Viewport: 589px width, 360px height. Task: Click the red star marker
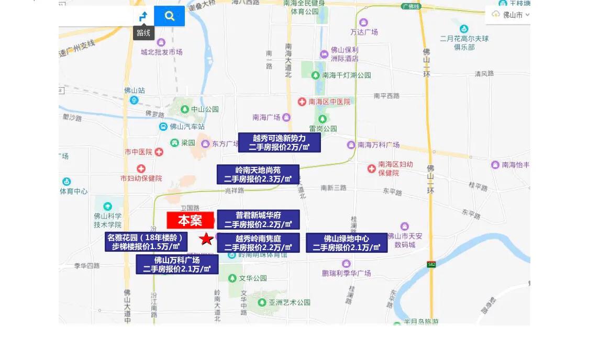pos(207,239)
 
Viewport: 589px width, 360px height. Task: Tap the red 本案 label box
pos(190,220)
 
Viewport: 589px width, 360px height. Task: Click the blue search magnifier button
pos(170,16)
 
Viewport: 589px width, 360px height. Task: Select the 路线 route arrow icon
pos(143,17)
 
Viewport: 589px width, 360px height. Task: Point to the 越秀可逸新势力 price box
pos(279,142)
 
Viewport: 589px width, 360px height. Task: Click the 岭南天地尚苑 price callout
pos(258,175)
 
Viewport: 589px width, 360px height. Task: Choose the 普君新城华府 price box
pos(258,220)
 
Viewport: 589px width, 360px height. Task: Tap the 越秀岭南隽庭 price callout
pos(258,243)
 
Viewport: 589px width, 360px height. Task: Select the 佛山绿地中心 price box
pos(347,243)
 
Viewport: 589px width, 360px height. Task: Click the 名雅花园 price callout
pos(146,242)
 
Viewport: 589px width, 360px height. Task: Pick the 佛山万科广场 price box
pos(177,264)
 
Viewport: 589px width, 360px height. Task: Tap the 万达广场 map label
pos(364,32)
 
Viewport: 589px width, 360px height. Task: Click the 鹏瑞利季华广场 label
pos(347,273)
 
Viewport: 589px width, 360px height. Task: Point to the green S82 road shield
pos(431,265)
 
